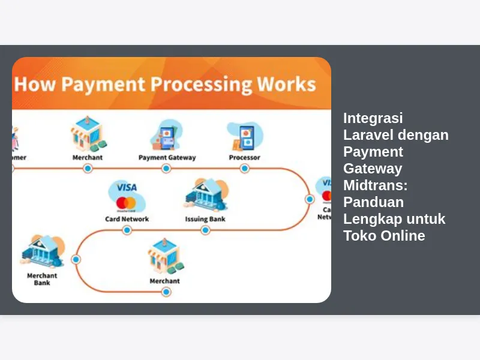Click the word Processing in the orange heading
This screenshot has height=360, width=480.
pos(202,85)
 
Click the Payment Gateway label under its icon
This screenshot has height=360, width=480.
pos(167,158)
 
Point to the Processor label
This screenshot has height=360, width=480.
pos(244,158)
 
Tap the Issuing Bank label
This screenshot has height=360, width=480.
pos(205,219)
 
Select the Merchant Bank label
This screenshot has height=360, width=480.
pos(42,279)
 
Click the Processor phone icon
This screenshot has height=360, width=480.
pos(245,137)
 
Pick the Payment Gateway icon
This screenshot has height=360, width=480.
pos(166,136)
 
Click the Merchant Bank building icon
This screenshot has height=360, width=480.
pos(42,251)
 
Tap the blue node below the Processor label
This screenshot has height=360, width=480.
pos(244,169)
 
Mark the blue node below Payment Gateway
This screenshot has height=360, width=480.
pos(166,169)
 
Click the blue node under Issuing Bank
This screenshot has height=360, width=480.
pos(205,230)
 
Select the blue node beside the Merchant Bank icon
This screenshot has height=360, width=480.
pos(76,260)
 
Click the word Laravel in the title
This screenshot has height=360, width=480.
pos(368,134)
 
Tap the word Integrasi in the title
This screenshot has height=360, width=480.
pos(373,118)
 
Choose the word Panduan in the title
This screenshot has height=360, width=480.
pos(373,202)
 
